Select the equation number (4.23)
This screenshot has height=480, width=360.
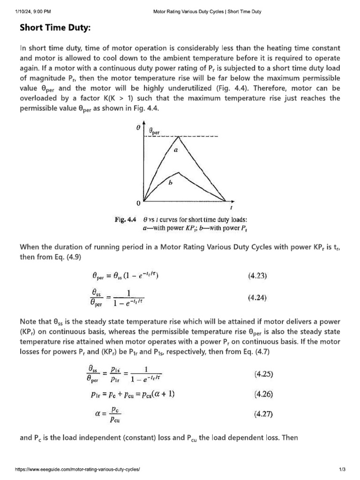tap(257, 276)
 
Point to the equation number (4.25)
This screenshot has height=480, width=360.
tap(264, 374)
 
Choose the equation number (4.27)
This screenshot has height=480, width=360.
tap(264, 414)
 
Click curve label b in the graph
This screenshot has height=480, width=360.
tap(170, 184)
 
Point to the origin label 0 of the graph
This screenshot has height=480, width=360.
tap(138, 204)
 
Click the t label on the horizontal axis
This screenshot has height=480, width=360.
tap(231, 208)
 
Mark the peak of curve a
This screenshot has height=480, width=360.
tap(178, 137)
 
